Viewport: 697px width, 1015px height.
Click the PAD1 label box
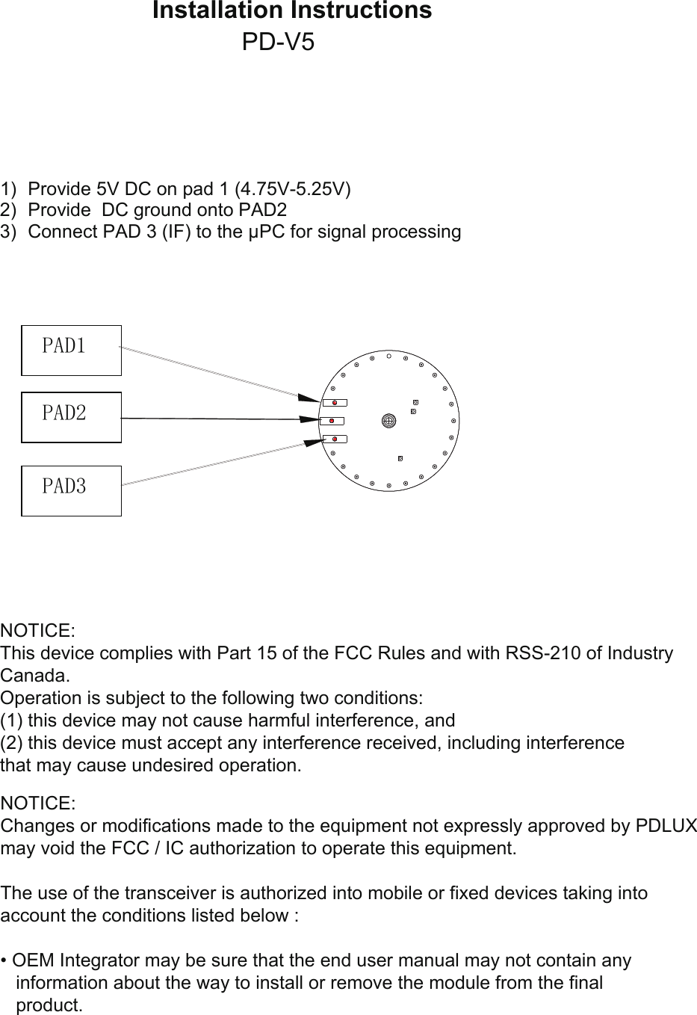pyautogui.click(x=71, y=350)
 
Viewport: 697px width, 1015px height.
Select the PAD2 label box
pyautogui.click(x=71, y=417)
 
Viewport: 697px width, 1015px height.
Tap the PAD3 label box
pyautogui.click(x=71, y=490)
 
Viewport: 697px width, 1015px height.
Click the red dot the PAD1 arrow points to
pyautogui.click(x=335, y=403)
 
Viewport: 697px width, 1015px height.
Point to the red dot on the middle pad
pyautogui.click(x=332, y=421)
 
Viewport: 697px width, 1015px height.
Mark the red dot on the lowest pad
pyautogui.click(x=335, y=439)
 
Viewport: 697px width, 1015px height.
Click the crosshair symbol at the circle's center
pyautogui.click(x=388, y=421)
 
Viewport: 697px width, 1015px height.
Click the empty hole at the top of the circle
pyautogui.click(x=388, y=356)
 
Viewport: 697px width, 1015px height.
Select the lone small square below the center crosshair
pyautogui.click(x=400, y=457)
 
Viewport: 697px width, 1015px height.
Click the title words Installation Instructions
pyautogui.click(x=292, y=11)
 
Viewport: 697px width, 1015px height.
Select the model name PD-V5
pyautogui.click(x=279, y=43)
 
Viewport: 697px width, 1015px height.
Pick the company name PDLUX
pyautogui.click(x=666, y=826)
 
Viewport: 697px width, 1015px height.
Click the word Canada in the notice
pyautogui.click(x=34, y=676)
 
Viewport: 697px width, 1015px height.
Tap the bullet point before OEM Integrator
pyautogui.click(x=4, y=960)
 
